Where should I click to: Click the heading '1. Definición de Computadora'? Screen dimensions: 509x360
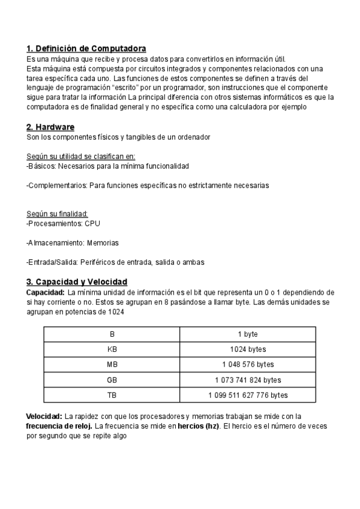[x=86, y=48]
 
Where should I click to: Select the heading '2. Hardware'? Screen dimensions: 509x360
[x=50, y=127]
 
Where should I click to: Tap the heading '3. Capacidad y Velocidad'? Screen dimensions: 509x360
[x=77, y=282]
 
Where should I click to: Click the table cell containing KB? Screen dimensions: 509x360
[x=112, y=349]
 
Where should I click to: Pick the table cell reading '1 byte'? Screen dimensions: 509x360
[x=248, y=334]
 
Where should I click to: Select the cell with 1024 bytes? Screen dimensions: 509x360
[x=248, y=349]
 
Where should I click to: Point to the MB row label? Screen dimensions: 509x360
[x=112, y=364]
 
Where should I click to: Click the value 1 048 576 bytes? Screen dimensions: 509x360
[x=248, y=364]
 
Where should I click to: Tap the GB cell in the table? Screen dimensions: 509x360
[x=112, y=380]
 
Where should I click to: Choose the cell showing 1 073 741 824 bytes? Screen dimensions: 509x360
[x=248, y=380]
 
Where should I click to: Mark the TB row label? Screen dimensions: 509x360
[x=112, y=395]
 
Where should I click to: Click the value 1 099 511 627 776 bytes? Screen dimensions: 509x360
[x=248, y=395]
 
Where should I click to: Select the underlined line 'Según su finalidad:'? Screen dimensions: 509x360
[x=58, y=214]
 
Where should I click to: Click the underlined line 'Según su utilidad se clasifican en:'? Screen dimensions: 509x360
[x=81, y=156]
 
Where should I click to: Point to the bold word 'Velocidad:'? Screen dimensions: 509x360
[x=44, y=416]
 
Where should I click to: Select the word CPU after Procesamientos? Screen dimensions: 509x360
[x=93, y=223]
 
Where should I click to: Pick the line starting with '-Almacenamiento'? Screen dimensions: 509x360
[x=73, y=243]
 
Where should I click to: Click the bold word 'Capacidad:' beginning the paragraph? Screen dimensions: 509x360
[x=46, y=292]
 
